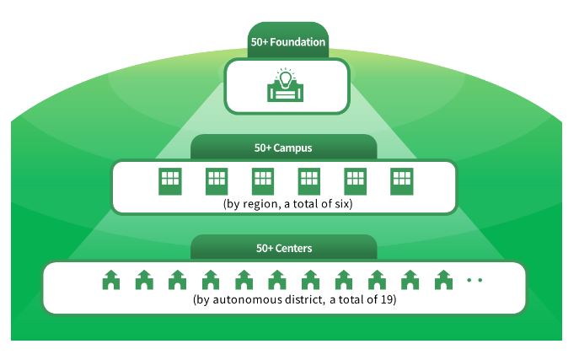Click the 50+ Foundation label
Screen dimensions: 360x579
point(287,41)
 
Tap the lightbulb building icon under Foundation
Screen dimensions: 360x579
point(286,86)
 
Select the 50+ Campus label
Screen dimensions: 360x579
point(283,148)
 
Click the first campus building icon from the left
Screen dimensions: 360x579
point(170,181)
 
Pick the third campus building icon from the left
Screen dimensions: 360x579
point(263,181)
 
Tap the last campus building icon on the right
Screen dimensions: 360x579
point(401,181)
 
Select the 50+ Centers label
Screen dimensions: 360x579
point(283,249)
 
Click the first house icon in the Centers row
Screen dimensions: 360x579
point(110,279)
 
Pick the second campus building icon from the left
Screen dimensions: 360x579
point(217,181)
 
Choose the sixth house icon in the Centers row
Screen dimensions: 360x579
point(276,279)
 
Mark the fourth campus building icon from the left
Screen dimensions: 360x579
point(309,181)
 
